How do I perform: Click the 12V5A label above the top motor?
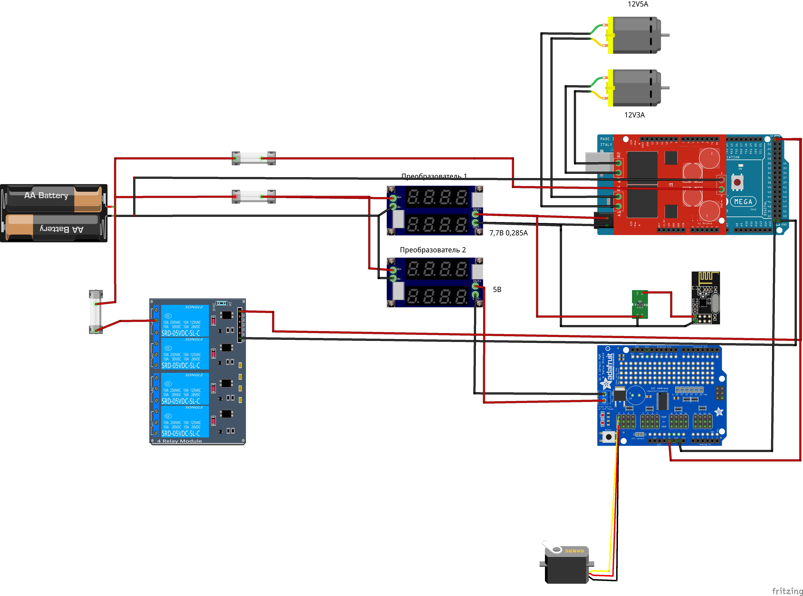(x=638, y=4)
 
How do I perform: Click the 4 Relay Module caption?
(x=179, y=441)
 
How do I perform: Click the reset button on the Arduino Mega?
(x=737, y=182)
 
